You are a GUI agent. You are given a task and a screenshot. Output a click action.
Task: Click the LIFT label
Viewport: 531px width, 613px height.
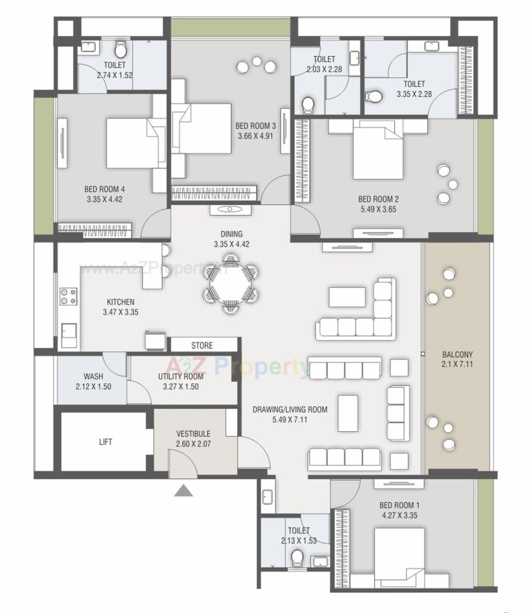pos(105,442)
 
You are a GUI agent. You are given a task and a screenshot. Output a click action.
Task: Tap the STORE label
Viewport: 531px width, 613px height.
pos(202,345)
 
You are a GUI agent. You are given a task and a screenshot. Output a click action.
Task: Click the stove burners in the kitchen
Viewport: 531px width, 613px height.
pos(68,296)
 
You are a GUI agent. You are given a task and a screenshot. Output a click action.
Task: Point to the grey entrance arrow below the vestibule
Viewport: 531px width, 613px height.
pos(183,491)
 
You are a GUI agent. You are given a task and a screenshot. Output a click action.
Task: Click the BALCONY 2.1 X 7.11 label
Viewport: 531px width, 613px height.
pos(457,359)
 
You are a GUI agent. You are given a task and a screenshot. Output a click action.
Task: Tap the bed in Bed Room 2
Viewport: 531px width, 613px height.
pos(378,150)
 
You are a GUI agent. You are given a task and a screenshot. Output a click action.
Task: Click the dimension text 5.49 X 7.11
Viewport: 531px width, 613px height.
pos(289,420)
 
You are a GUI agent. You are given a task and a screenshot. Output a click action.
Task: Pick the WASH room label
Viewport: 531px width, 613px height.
pos(93,377)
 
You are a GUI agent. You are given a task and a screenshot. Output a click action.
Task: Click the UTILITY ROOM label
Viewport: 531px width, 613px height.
pos(181,377)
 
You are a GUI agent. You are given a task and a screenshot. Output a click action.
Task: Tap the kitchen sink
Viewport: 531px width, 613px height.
pos(69,335)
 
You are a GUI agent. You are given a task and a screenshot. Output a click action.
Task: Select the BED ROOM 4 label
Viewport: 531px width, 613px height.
pos(105,189)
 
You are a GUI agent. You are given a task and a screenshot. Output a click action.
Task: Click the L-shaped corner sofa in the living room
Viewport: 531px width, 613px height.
pos(356,309)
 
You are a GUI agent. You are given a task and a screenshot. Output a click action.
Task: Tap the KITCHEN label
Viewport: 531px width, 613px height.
pos(121,302)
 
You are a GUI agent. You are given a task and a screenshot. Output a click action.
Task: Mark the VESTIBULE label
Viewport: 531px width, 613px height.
pos(193,434)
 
